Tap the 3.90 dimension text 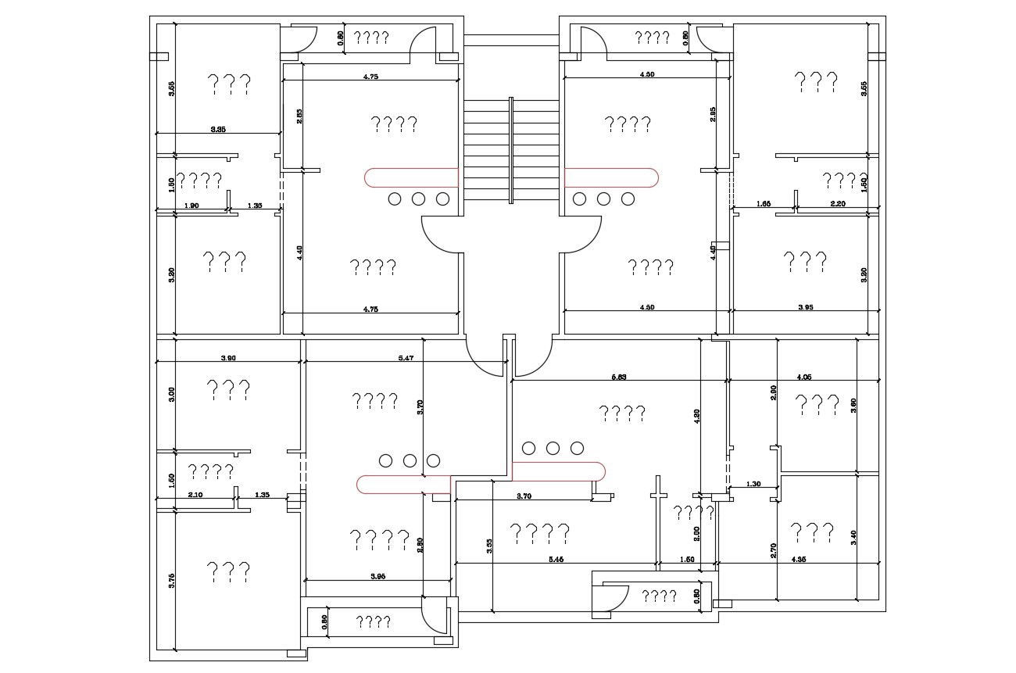(x=228, y=357)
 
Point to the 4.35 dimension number (x=799, y=559)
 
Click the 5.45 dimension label (x=556, y=559)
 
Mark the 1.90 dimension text (x=191, y=206)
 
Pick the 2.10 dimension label (x=195, y=494)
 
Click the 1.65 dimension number (x=764, y=203)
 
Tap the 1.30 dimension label (x=753, y=484)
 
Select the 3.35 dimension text (x=218, y=129)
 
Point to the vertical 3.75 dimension (x=171, y=580)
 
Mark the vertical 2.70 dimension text (x=774, y=549)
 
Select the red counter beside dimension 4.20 (x=560, y=471)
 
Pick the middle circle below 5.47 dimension (x=410, y=460)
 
